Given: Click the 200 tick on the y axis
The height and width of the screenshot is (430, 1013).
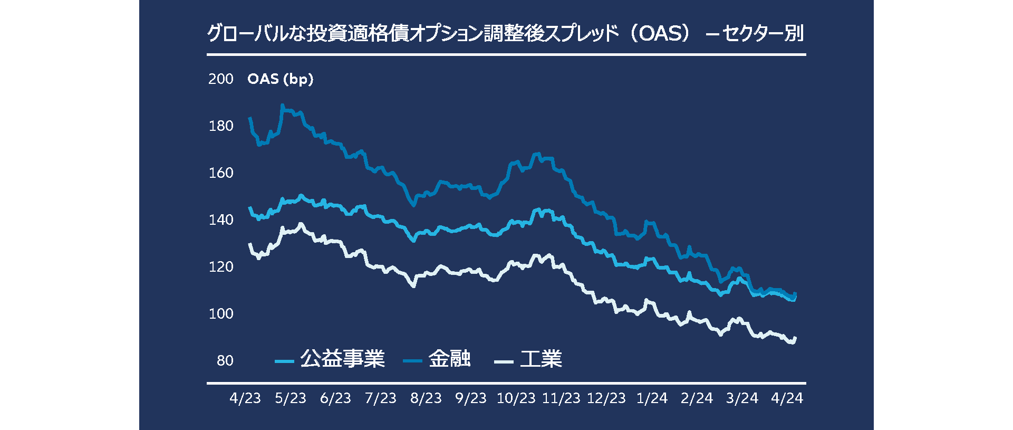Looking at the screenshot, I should pyautogui.click(x=220, y=79).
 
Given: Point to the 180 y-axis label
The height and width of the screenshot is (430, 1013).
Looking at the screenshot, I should pyautogui.click(x=220, y=126).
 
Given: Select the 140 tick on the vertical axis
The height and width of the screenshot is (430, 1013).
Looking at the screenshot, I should pyautogui.click(x=220, y=220).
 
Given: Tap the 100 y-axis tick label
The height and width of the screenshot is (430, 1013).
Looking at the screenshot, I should pyautogui.click(x=220, y=314).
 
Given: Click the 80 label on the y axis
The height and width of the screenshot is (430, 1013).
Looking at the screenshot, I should pyautogui.click(x=225, y=361).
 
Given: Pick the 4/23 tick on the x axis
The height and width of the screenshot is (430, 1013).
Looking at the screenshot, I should pyautogui.click(x=245, y=398).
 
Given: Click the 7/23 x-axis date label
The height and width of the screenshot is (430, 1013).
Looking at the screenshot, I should pyautogui.click(x=380, y=398).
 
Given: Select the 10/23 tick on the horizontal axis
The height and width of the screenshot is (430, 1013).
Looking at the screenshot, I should pyautogui.click(x=516, y=398).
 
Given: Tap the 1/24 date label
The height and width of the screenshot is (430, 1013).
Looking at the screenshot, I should pyautogui.click(x=652, y=398).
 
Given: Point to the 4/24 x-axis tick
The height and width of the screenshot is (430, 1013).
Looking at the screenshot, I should pyautogui.click(x=787, y=398).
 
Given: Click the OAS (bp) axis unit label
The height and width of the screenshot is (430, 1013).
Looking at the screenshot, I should pyautogui.click(x=280, y=79).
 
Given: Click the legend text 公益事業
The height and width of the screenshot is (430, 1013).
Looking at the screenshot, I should pyautogui.click(x=342, y=359).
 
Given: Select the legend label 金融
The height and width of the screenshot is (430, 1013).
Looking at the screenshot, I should pyautogui.click(x=449, y=359).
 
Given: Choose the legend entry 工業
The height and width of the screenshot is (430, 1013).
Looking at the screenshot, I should pyautogui.click(x=541, y=359).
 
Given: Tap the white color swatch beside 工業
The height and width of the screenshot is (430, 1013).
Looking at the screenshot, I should pyautogui.click(x=504, y=361).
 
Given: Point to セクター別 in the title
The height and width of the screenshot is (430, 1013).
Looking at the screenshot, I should pyautogui.click(x=763, y=33).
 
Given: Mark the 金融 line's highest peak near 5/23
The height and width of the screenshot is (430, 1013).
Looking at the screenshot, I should pyautogui.click(x=283, y=105).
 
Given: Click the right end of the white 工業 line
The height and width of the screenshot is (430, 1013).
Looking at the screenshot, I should pyautogui.click(x=795, y=338).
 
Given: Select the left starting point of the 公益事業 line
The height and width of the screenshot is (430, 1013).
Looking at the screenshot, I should pyautogui.click(x=249, y=207).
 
